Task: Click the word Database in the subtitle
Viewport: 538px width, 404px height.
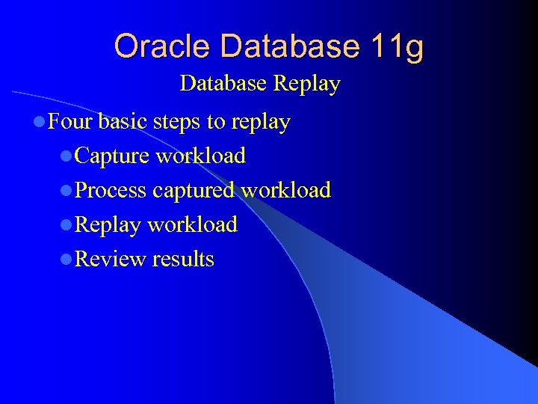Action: tap(223, 83)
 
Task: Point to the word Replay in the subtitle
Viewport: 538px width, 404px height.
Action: tap(306, 84)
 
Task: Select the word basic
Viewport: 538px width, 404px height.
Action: tap(123, 121)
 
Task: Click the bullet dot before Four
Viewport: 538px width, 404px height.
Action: tap(38, 122)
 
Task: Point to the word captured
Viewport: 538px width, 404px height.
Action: tap(194, 190)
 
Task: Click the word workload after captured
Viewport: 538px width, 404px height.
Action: tap(285, 190)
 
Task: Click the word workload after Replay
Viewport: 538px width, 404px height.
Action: tap(192, 224)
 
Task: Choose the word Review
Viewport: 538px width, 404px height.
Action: tap(111, 259)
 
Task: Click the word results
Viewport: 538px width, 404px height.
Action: tap(183, 259)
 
